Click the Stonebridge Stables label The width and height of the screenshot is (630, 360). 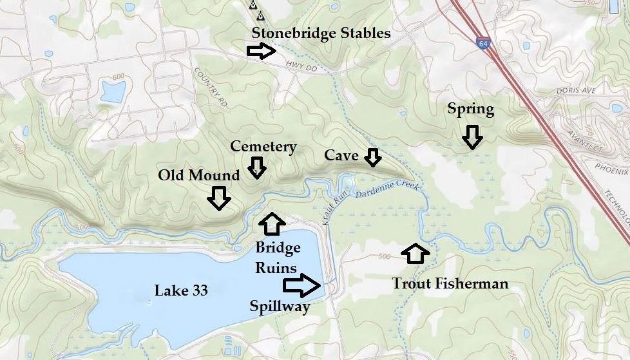click(321, 33)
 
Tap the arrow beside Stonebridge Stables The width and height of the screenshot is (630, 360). click(261, 52)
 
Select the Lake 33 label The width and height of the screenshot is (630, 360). click(181, 290)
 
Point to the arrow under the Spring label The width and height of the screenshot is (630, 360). click(472, 137)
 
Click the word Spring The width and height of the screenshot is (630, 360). click(471, 109)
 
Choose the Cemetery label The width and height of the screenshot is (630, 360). click(263, 147)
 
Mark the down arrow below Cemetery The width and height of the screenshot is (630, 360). click(257, 169)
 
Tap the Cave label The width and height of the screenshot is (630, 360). click(341, 155)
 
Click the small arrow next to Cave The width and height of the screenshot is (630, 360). click(373, 156)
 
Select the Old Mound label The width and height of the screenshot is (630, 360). click(199, 175)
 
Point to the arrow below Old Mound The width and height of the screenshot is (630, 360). click(219, 198)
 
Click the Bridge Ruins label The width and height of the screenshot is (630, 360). click(278, 258)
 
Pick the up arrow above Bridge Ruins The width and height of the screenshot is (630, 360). click(271, 223)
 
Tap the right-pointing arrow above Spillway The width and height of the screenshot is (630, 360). click(301, 284)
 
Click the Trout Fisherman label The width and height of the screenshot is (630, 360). click(450, 283)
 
